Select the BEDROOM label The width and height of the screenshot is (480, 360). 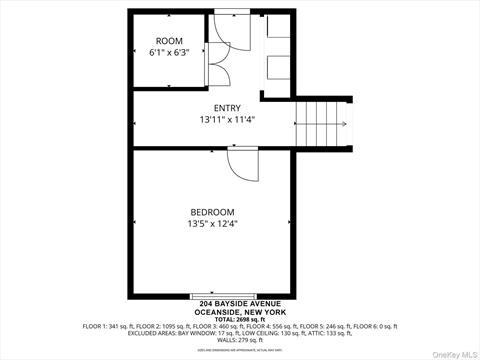click(213, 211)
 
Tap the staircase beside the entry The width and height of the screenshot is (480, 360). click(323, 123)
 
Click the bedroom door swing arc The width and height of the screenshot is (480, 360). click(243, 165)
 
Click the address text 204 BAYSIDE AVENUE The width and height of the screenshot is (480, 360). click(240, 303)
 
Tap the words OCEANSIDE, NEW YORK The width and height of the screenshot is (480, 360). click(240, 311)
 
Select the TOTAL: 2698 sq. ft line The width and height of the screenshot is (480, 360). click(240, 319)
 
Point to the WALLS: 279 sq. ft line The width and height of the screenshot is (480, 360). click(240, 341)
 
